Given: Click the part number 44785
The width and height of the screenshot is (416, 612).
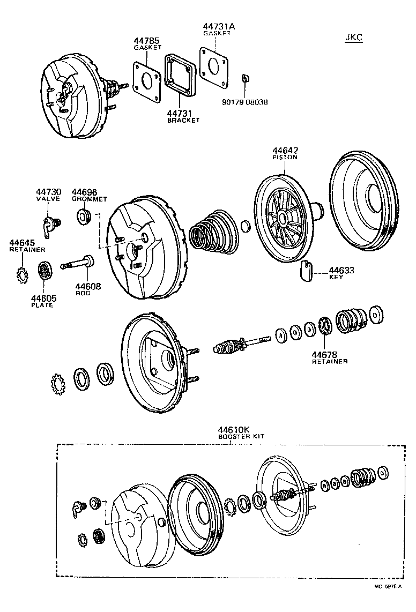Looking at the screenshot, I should (146, 41).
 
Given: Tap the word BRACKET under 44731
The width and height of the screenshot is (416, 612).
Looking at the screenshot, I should (182, 121).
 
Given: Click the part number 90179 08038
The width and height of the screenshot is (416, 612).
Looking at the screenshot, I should (244, 102).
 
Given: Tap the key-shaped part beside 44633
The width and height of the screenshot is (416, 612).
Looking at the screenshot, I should (306, 270).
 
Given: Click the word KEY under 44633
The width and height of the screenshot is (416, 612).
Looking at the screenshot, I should (336, 278).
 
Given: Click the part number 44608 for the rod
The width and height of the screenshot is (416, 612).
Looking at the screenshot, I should (87, 287).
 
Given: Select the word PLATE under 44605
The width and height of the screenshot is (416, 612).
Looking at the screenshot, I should (42, 305).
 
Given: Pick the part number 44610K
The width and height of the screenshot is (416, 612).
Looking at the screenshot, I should (234, 430).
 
